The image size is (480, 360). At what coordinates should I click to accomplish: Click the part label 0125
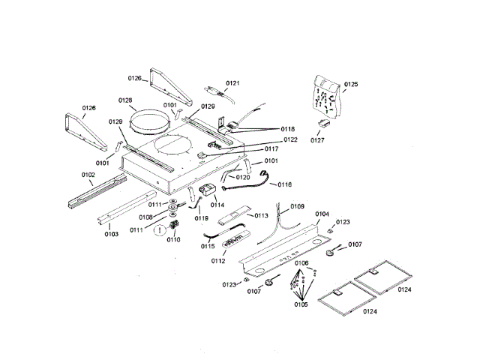tap(351, 84)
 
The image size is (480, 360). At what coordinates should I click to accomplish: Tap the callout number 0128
tap(125, 100)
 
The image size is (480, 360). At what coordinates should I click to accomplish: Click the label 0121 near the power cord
tap(232, 83)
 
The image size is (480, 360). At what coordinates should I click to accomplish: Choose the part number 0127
tap(317, 140)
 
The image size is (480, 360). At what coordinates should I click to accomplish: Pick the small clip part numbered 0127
tap(324, 123)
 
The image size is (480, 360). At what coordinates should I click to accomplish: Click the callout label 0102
tap(88, 175)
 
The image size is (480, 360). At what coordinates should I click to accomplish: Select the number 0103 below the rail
tap(112, 234)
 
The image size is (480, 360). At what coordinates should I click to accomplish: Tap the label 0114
tap(217, 205)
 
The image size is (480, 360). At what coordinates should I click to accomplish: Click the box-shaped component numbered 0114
tap(208, 190)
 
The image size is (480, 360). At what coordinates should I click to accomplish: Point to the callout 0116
tap(285, 184)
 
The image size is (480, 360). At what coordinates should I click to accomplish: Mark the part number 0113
tap(261, 216)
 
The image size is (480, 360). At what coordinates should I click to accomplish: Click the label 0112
tap(218, 261)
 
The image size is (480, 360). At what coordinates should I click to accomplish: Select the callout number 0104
tap(322, 214)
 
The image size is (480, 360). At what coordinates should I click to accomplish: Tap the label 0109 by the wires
tap(297, 206)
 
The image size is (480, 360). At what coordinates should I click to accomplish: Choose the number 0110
tap(173, 239)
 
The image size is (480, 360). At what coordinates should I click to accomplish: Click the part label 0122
tap(290, 139)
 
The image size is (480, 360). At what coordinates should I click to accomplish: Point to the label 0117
tap(271, 148)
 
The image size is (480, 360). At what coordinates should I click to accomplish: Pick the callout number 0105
tap(301, 304)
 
